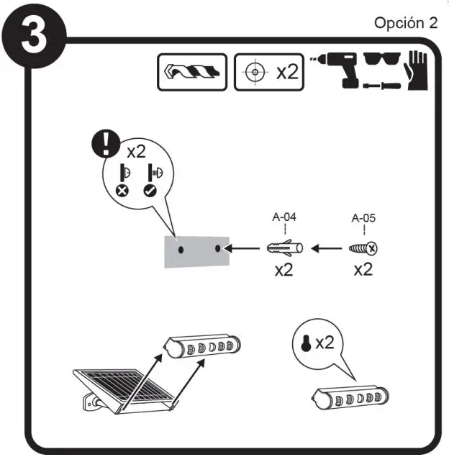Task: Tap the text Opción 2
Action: click(x=405, y=22)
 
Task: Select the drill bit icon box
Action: click(x=192, y=73)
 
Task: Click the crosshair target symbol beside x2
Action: click(x=253, y=73)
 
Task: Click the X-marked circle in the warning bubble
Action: click(x=123, y=192)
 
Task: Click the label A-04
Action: click(x=284, y=215)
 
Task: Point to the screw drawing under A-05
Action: click(x=363, y=249)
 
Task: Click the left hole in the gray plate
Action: click(x=181, y=248)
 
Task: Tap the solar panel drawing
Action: click(x=126, y=389)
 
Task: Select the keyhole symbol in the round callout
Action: click(x=305, y=343)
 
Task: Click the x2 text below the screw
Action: click(x=364, y=271)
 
